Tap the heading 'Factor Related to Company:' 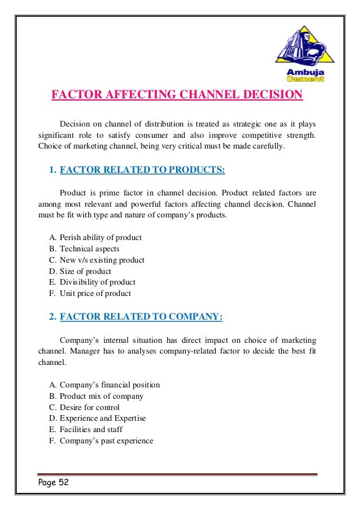(x=141, y=317)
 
